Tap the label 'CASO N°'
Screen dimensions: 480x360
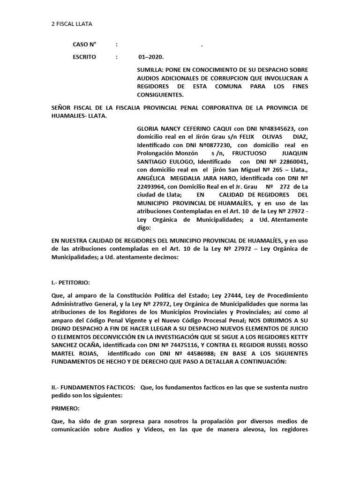[84, 45]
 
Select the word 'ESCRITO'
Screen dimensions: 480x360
[84, 57]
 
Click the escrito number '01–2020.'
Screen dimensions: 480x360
[151, 57]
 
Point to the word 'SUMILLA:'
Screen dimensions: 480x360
[149, 69]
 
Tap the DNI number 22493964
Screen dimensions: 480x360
[151, 187]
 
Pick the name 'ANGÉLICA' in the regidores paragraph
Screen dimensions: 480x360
[152, 178]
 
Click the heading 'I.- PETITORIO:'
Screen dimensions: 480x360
[70, 283]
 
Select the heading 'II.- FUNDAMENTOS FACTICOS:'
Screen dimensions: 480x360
[91, 375]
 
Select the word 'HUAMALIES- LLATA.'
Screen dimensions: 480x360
[79, 116]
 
